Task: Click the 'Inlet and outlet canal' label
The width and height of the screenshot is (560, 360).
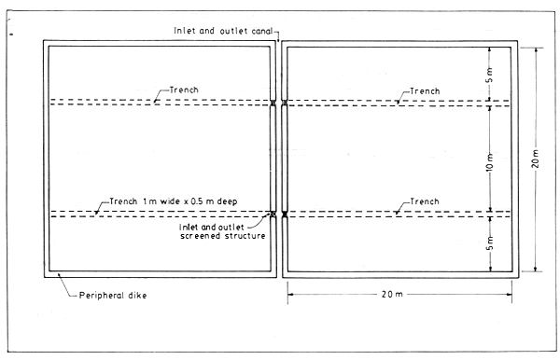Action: (x=225, y=31)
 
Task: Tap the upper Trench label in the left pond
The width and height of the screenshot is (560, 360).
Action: (x=184, y=90)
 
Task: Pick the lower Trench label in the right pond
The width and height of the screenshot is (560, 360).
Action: (x=416, y=201)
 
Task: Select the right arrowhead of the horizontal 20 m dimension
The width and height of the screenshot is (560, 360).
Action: (x=511, y=295)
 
